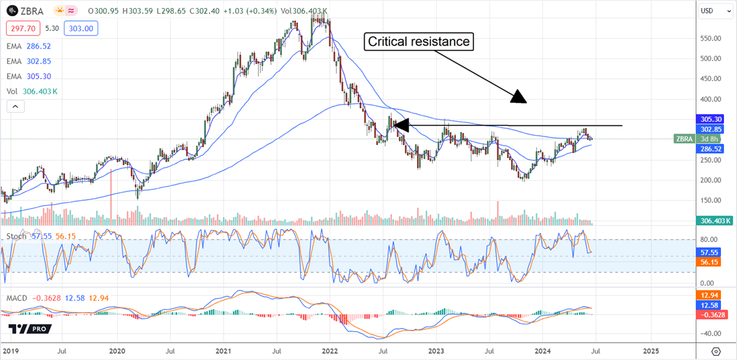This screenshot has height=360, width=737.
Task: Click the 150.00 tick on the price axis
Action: pyautogui.click(x=711, y=200)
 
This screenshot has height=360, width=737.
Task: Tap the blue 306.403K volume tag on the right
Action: pyautogui.click(x=715, y=221)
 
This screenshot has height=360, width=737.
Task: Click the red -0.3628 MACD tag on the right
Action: pyautogui.click(x=712, y=314)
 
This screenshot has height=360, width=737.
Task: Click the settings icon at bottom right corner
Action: pyautogui.click(x=715, y=351)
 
